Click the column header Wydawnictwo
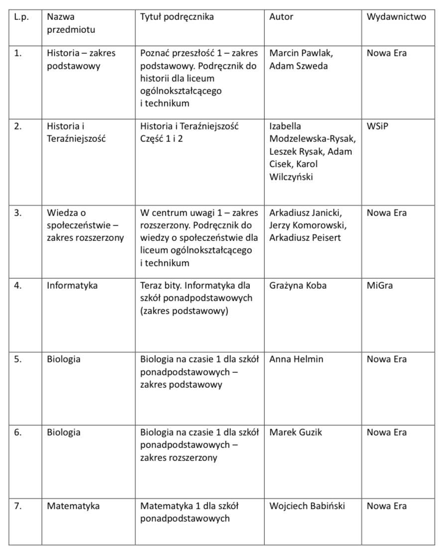point(396,17)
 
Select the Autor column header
point(281,17)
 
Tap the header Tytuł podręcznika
point(177,17)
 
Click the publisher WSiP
point(377,126)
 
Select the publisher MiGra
point(380,286)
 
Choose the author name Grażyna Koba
point(298,286)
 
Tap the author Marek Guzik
point(296,433)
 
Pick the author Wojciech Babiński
point(307,506)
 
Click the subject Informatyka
point(72,286)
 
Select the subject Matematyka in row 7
point(73,506)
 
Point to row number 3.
point(18,213)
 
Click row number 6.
point(18,433)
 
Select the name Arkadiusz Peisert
point(305,238)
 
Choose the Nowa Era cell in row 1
point(386,53)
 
